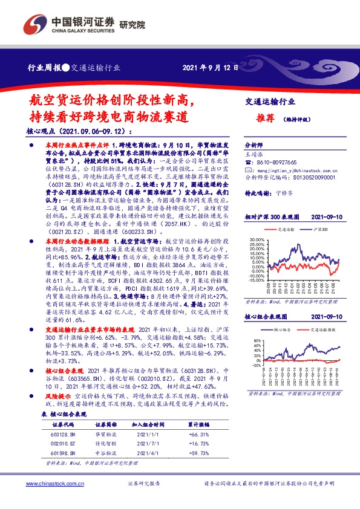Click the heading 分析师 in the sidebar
click(x=252, y=146)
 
